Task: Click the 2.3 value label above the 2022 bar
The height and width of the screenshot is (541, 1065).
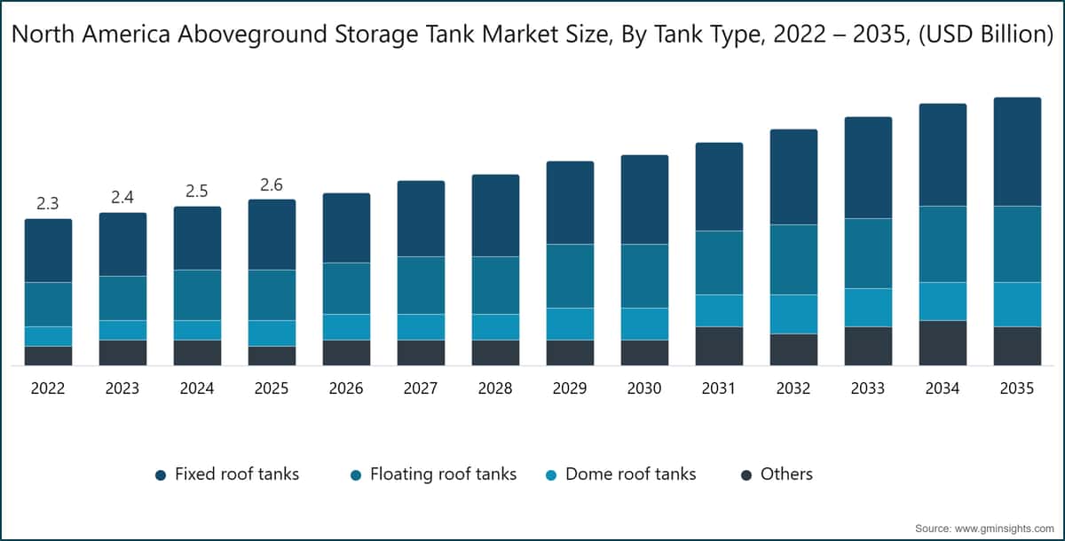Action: tap(48, 203)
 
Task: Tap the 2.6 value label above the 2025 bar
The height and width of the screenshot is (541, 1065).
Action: tap(272, 184)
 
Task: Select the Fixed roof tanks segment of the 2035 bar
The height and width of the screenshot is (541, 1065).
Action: tap(1017, 152)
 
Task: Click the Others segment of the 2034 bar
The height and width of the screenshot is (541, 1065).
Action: tap(943, 342)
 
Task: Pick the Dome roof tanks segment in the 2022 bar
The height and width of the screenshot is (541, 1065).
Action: tap(48, 336)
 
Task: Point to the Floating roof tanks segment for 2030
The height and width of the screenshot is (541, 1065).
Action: tap(644, 276)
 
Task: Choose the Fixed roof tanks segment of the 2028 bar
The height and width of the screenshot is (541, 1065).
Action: tap(495, 216)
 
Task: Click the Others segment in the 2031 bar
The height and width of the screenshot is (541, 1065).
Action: tap(719, 346)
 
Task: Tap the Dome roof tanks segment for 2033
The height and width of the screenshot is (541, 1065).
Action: tap(868, 308)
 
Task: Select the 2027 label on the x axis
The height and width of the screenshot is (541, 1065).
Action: tap(421, 388)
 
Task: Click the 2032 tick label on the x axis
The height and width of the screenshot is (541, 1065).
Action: tap(793, 388)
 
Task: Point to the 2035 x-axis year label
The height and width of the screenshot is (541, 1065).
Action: tap(1017, 388)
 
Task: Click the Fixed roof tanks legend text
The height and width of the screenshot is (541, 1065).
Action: tap(237, 474)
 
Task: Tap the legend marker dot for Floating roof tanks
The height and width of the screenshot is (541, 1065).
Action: tap(356, 475)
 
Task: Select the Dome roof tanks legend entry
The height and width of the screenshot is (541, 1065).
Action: tap(630, 474)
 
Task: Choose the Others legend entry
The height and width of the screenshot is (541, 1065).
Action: tap(786, 474)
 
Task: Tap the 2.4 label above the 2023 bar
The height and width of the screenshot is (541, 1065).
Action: tap(122, 197)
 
